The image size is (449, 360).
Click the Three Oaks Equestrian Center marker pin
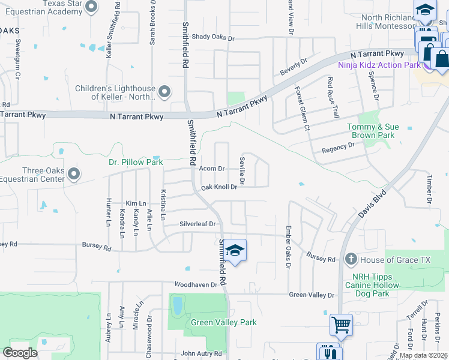(x=74, y=174)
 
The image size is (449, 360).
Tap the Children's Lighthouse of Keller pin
(x=164, y=92)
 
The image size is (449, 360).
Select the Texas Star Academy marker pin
(x=91, y=7)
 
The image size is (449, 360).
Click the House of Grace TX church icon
(x=351, y=260)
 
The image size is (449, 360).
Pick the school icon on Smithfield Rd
(x=235, y=251)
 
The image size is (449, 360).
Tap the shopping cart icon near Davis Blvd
(x=341, y=325)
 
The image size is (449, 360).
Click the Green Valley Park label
(x=223, y=322)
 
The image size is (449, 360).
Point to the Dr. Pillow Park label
(x=136, y=162)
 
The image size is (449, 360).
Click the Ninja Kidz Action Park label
(x=378, y=65)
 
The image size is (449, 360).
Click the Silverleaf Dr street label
(x=197, y=224)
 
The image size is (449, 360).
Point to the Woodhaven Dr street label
(x=195, y=284)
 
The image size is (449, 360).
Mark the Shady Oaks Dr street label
(x=212, y=37)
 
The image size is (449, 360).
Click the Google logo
(x=20, y=353)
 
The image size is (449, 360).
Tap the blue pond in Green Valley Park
(x=178, y=307)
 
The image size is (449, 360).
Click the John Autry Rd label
(x=201, y=354)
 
